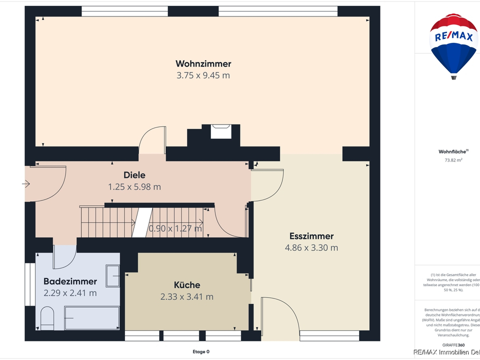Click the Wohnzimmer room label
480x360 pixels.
tap(203, 63)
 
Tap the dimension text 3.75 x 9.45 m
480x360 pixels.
tap(203, 75)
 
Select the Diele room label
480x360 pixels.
tap(134, 175)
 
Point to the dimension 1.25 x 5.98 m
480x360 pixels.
tap(134, 187)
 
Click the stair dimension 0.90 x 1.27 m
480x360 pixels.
tap(175, 229)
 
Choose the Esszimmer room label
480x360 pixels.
tap(311, 236)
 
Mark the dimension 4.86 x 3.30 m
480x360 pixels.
tap(311, 248)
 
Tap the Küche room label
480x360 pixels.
tap(186, 285)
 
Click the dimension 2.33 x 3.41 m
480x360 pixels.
tap(186, 297)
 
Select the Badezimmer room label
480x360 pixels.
tap(70, 281)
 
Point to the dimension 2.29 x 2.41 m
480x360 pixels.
tap(70, 293)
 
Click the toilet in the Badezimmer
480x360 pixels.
tap(47, 318)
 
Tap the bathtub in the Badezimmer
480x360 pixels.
tap(92, 318)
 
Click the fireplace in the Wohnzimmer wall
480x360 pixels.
tap(220, 131)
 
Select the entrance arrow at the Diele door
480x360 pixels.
tap(26, 184)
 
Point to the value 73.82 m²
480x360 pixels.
tap(453, 160)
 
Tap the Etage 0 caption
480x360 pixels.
tap(201, 351)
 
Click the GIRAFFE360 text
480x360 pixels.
tap(453, 345)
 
